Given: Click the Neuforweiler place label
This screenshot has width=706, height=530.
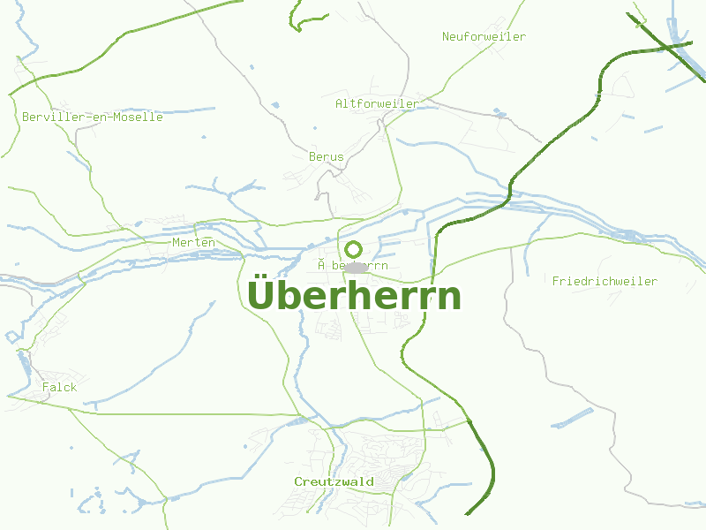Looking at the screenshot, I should [484, 36].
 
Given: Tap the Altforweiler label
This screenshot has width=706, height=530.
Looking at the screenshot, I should [377, 103].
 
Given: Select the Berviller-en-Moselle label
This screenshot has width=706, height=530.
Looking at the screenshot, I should [93, 117].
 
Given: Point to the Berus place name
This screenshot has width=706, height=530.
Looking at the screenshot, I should [326, 156].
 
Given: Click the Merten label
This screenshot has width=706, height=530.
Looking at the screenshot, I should [193, 242].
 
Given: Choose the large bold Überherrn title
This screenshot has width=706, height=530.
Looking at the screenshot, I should [354, 296].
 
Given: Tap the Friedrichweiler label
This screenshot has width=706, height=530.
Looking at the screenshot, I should [605, 281].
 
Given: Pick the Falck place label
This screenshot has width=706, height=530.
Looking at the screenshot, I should [59, 387].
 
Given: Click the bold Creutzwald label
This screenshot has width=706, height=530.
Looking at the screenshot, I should [334, 481].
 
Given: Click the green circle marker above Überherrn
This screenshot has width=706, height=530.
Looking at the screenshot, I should [353, 249].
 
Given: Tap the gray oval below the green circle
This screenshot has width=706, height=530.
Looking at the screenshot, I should [355, 266].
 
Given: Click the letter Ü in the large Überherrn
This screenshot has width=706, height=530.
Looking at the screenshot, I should [260, 294].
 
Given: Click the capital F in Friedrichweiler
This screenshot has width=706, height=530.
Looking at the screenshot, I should [556, 281].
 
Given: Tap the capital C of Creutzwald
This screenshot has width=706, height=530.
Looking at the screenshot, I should [298, 481].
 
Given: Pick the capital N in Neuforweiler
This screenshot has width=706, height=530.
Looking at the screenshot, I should [447, 36].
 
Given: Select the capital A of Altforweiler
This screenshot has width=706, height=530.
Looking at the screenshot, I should [340, 103].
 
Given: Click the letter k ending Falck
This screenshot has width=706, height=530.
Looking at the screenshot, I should [73, 387].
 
